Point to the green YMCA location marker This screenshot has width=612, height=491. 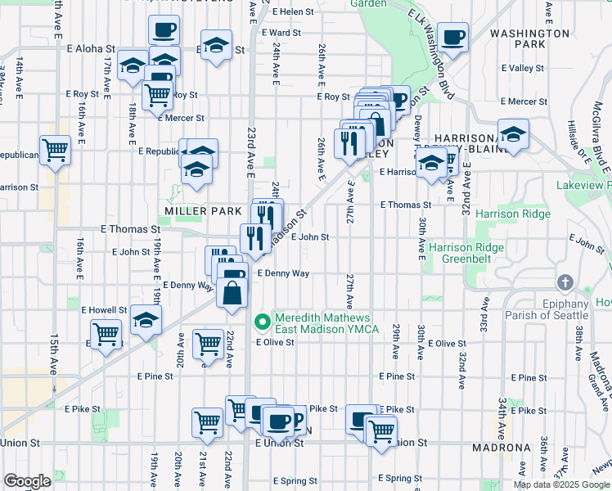(263, 321)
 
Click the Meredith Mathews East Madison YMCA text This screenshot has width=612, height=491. (326, 323)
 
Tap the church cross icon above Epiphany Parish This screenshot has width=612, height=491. (565, 283)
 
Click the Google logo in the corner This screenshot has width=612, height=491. (27, 481)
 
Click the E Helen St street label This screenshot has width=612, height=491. (295, 12)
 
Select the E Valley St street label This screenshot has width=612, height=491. (524, 68)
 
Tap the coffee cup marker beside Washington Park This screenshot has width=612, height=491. (452, 36)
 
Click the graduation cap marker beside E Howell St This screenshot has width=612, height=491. (146, 319)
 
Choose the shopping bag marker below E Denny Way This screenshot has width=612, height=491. (232, 293)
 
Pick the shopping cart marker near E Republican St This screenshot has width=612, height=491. (56, 150)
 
